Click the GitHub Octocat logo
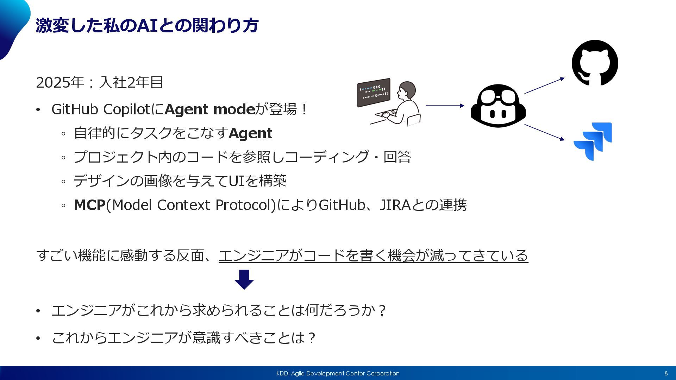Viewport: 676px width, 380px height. tap(595, 63)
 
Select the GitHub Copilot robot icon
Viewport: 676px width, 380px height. tap(498, 106)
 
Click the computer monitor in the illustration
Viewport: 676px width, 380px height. tap(374, 92)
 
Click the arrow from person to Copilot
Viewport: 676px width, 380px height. tap(445, 106)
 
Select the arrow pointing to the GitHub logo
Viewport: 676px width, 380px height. tap(544, 85)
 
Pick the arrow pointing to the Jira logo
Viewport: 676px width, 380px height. tap(544, 132)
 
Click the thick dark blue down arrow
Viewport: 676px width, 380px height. tap(244, 279)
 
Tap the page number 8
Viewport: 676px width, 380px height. tap(666, 373)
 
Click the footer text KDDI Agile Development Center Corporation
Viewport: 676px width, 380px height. tap(338, 373)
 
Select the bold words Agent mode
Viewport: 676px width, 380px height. tap(210, 109)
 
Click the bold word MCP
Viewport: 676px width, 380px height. tap(89, 205)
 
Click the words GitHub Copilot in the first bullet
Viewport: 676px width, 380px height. tap(101, 109)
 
